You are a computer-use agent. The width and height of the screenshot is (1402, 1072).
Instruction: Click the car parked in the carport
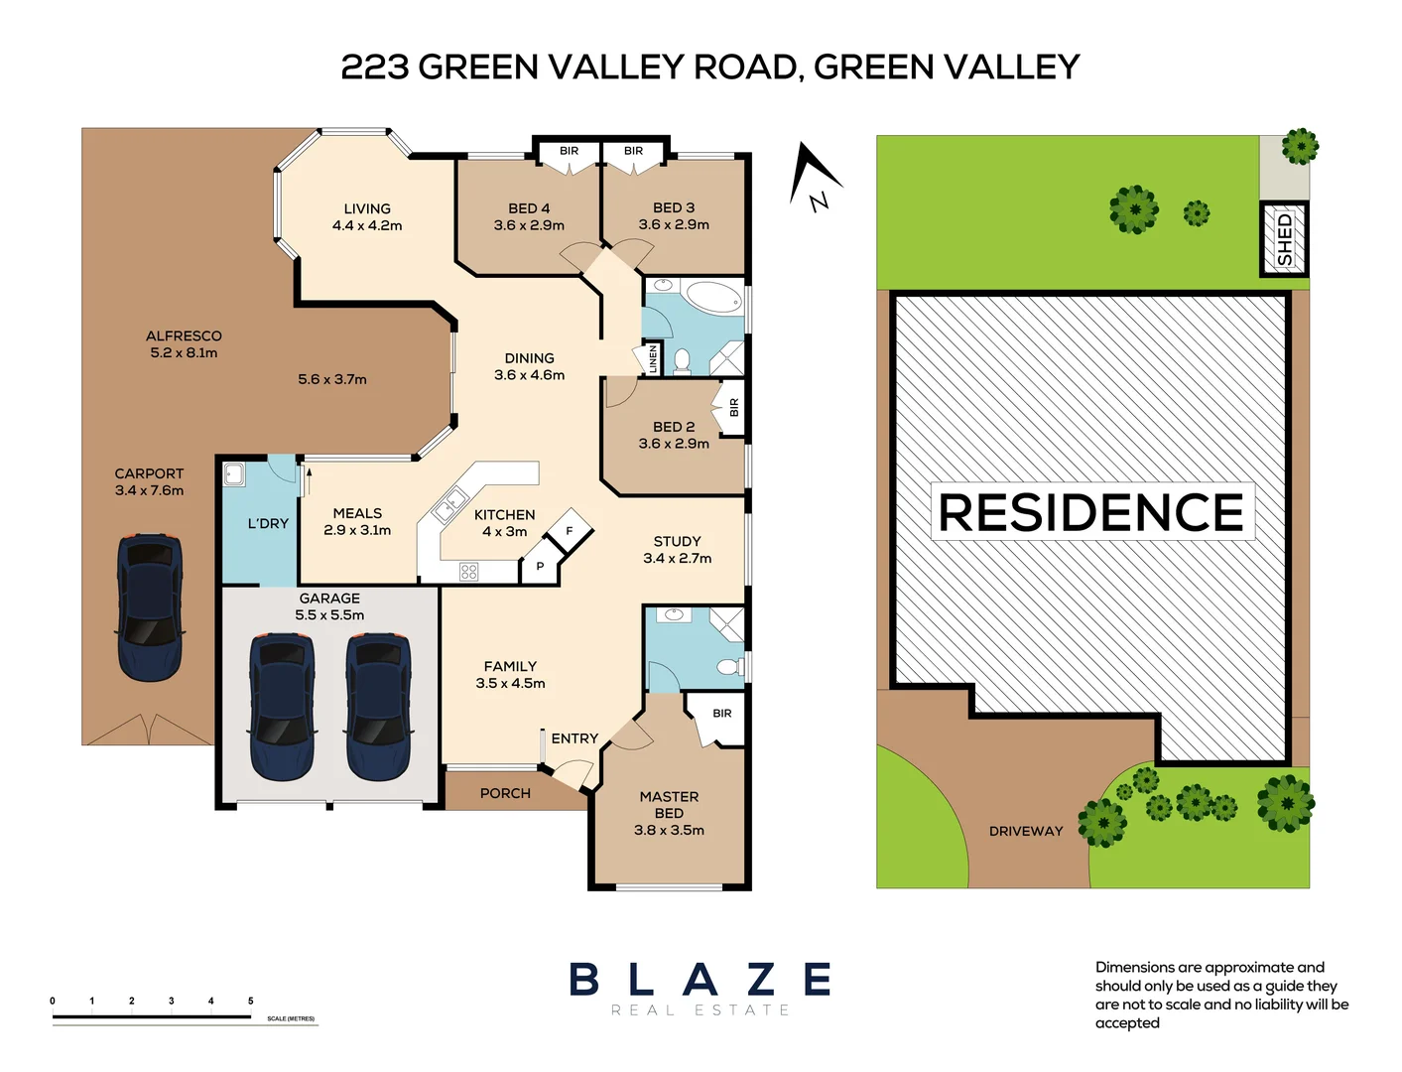[x=150, y=606]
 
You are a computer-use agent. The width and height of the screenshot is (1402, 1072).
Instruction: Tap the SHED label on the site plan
[x=1285, y=239]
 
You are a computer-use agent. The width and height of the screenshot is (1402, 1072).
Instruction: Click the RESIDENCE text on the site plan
[x=1091, y=512]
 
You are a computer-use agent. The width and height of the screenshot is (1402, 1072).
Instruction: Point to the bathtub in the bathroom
[x=713, y=297]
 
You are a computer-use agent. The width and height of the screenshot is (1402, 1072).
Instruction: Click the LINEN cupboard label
[x=653, y=358]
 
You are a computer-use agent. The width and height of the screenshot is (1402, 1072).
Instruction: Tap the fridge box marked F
[x=570, y=531]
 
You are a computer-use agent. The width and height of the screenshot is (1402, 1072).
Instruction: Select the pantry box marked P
[x=540, y=567]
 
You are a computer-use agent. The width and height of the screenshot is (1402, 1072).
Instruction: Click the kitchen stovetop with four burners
[x=469, y=572]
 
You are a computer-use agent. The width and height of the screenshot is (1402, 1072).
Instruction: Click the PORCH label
[x=505, y=793]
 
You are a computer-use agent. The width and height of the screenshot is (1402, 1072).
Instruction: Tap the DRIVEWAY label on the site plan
[x=1025, y=831]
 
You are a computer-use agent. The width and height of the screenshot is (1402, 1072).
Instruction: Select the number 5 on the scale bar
[x=251, y=1001]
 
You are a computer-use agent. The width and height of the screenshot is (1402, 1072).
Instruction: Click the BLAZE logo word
[x=700, y=980]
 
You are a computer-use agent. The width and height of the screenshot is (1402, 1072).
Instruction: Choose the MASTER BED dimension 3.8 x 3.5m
[x=669, y=830]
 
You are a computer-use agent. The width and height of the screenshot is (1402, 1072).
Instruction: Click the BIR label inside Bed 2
[x=734, y=407]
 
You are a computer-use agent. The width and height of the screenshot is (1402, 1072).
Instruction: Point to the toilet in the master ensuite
[x=730, y=666]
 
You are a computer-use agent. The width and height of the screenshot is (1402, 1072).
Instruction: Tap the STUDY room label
[x=677, y=541]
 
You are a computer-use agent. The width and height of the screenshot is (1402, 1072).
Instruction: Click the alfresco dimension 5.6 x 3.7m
[x=332, y=379]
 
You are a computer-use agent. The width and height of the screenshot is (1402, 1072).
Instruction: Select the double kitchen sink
[x=449, y=505]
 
